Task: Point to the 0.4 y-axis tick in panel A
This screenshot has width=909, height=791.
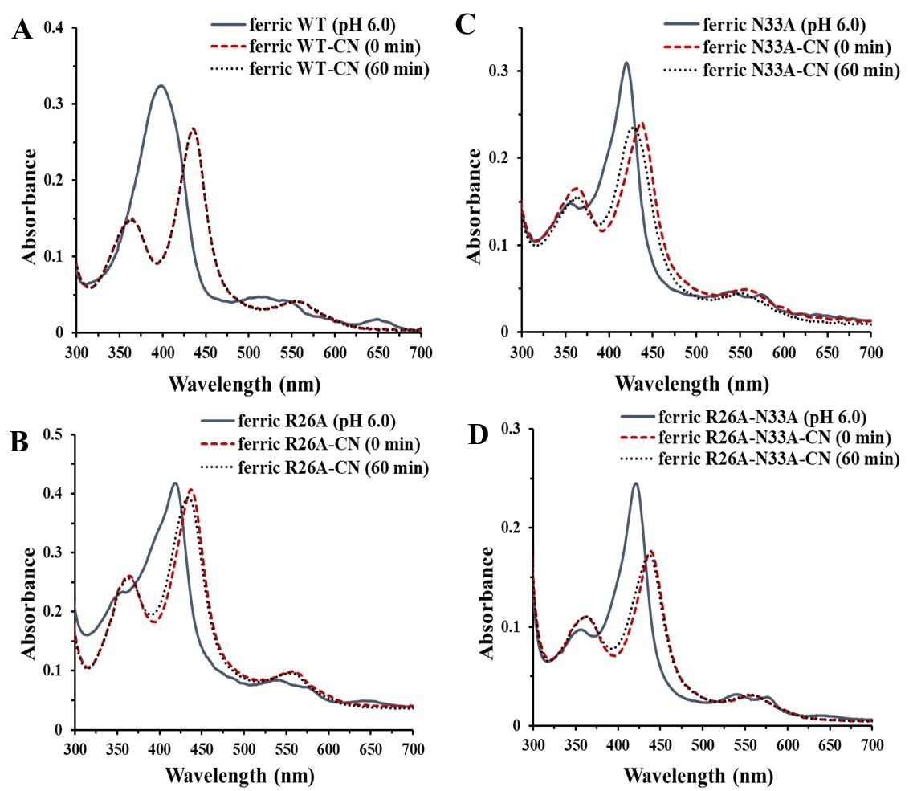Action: click(57, 29)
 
